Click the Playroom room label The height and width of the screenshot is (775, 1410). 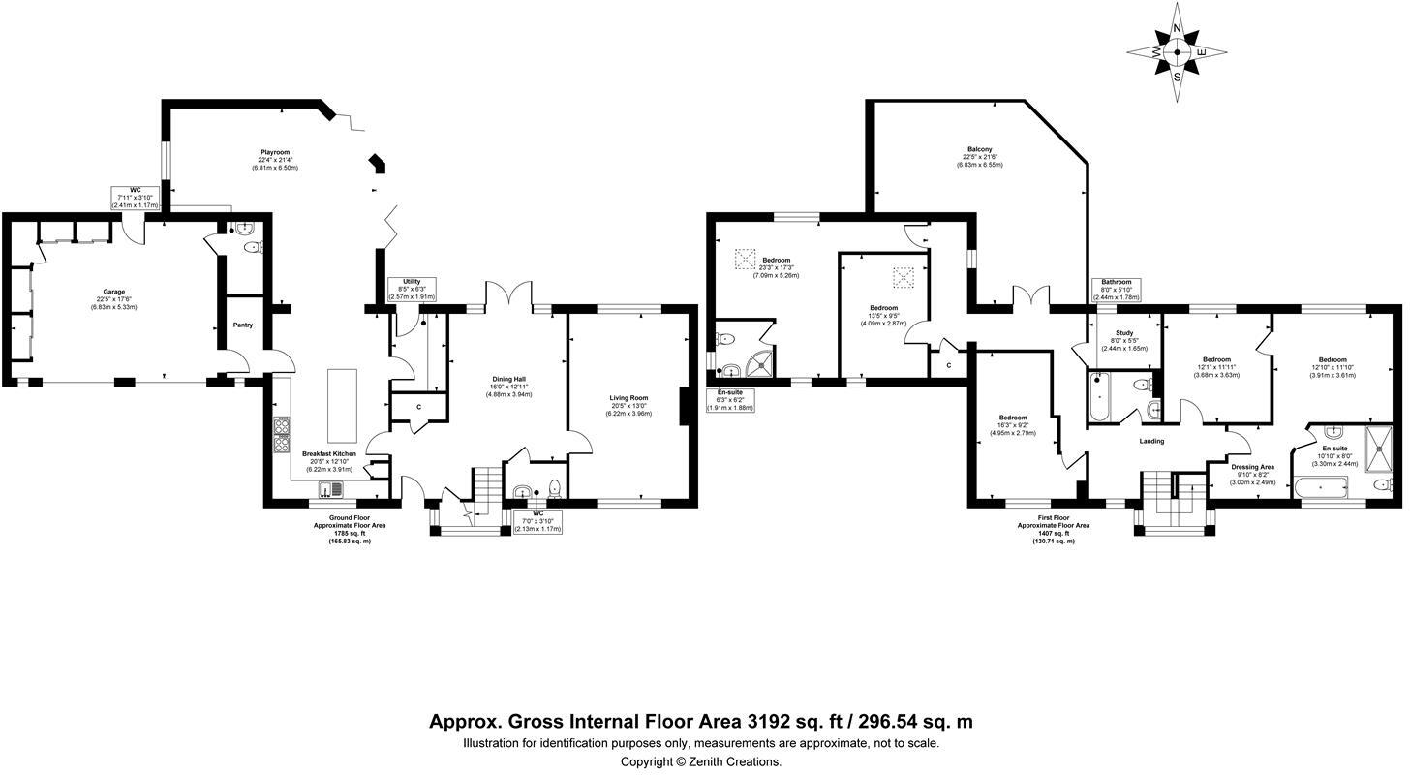coord(275,152)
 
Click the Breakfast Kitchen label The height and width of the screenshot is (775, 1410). coord(329,453)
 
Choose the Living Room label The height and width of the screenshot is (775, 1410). coord(628,398)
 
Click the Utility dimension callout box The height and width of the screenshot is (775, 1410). coord(412,289)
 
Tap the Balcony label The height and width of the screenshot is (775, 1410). coord(977,149)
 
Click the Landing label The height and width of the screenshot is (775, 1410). coord(1151,441)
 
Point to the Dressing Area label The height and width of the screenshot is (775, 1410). coord(1252,467)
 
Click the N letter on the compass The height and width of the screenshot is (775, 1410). coord(1178,28)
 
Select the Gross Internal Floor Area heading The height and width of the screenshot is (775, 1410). coord(700,722)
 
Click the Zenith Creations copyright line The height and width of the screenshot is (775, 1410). coord(700,761)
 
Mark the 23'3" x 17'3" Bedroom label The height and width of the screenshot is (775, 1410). coord(776,260)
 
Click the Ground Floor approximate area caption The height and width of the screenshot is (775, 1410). coord(349,529)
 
